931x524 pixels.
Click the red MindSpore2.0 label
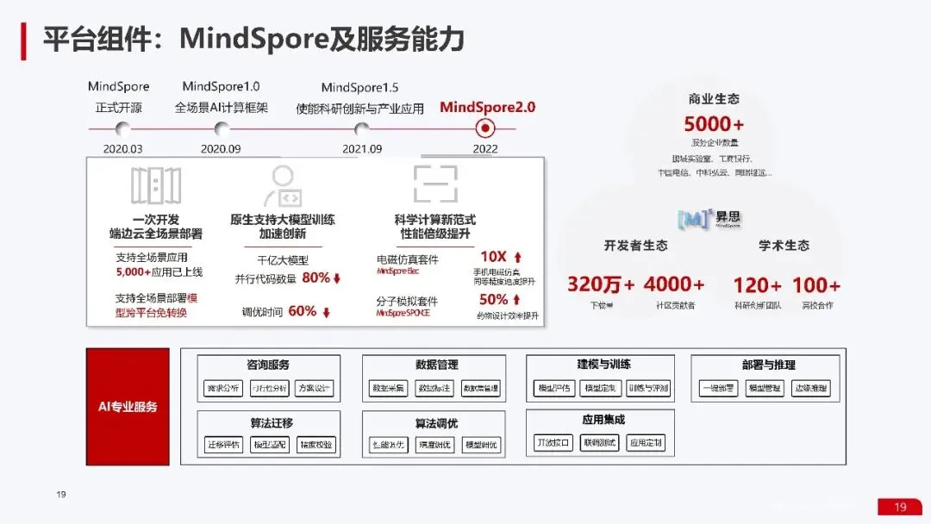point(487,107)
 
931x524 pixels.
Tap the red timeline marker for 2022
point(485,128)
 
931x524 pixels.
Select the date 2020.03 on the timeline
point(122,148)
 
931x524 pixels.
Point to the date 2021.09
point(362,148)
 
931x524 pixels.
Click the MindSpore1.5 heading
point(359,87)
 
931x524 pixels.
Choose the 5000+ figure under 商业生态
point(714,125)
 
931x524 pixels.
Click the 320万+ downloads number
point(601,284)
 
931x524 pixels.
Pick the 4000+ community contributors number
point(674,284)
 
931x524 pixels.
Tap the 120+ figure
point(757,284)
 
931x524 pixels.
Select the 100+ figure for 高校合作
point(815,284)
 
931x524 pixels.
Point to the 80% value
point(316,278)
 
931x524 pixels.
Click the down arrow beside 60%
point(327,312)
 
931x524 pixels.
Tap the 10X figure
point(493,257)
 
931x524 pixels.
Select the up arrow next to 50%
point(516,300)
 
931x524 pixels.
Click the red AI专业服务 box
point(128,406)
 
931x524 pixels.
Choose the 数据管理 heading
point(436,365)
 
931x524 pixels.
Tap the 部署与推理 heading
point(768,365)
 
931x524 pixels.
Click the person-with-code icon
point(282,185)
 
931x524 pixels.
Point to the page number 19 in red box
point(900,507)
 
